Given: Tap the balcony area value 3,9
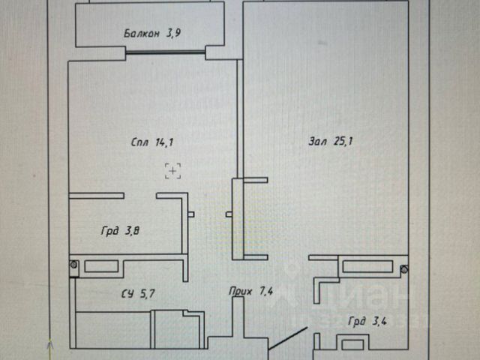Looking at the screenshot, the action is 173,33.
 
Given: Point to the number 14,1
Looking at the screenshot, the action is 166,141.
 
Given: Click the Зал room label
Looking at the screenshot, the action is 318,141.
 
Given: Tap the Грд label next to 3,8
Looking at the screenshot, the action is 110,231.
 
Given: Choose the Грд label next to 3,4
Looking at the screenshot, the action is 358,321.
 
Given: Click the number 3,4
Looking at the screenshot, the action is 381,321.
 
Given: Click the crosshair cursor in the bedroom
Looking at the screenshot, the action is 173,172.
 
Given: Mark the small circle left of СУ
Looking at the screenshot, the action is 73,264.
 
